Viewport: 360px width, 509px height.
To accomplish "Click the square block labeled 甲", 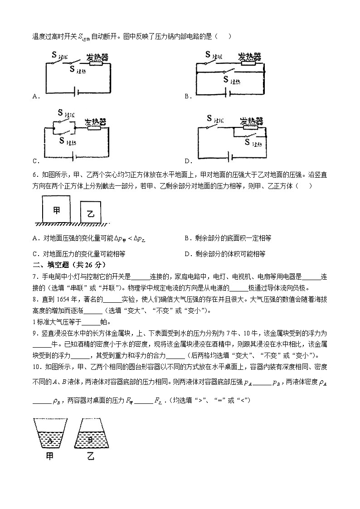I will [x=57, y=209].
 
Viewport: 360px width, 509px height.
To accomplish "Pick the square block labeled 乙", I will [x=90, y=213].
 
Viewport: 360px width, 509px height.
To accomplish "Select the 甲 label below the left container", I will [x=50, y=457].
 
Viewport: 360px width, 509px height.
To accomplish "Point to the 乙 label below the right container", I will [x=90, y=457].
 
